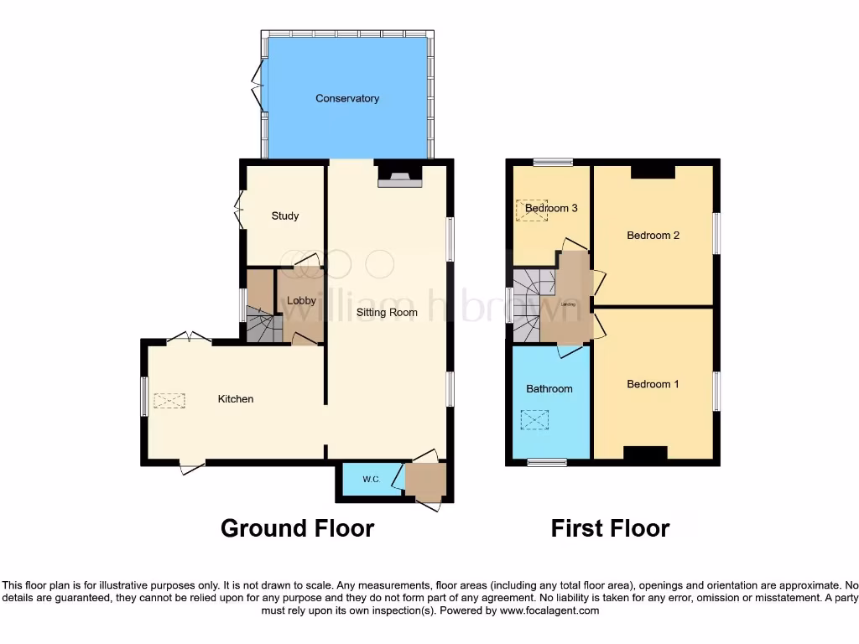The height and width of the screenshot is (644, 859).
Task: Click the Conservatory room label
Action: (347, 99)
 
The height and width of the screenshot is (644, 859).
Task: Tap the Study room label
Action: (285, 216)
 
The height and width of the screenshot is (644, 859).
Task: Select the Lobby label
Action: (301, 301)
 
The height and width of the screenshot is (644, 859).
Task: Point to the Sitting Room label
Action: (387, 313)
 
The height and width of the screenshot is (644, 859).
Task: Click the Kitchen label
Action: (236, 399)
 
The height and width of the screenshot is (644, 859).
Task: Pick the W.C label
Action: (371, 480)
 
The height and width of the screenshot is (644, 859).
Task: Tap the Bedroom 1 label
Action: (653, 385)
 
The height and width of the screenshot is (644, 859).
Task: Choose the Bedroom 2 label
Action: (653, 236)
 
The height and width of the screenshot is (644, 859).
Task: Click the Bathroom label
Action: (549, 389)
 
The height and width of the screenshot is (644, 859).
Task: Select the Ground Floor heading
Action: (297, 528)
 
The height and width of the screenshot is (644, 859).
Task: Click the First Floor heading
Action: (610, 528)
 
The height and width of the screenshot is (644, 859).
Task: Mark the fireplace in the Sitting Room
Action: (399, 174)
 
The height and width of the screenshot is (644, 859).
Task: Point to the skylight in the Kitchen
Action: (169, 400)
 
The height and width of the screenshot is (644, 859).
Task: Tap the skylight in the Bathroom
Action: (534, 419)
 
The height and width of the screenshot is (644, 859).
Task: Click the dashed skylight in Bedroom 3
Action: (532, 210)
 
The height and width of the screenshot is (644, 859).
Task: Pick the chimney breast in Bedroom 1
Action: (645, 454)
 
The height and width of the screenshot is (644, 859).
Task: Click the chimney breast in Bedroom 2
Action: (653, 171)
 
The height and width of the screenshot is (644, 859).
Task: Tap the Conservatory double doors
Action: (258, 86)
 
